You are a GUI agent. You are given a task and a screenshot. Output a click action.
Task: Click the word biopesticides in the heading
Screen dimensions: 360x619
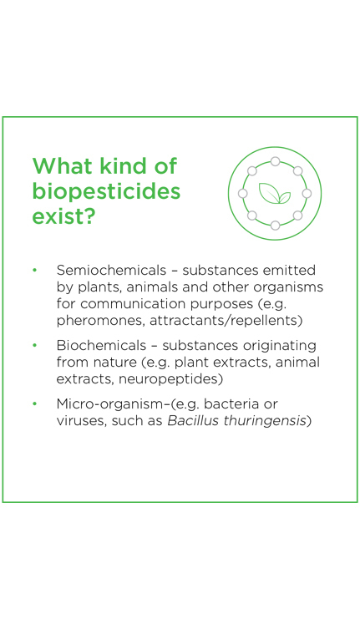pyautogui.click(x=106, y=192)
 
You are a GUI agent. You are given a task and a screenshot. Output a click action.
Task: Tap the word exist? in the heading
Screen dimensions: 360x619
pyautogui.click(x=63, y=216)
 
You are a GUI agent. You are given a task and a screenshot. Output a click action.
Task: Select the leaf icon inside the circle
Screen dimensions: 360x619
pyautogui.click(x=275, y=194)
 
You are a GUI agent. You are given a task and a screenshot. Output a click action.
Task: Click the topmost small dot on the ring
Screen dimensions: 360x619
pyautogui.click(x=275, y=161)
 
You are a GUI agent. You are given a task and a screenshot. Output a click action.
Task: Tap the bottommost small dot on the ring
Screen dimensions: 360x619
pyautogui.click(x=275, y=226)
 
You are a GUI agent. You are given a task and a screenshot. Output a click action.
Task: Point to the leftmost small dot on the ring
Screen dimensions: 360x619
pyautogui.click(x=243, y=194)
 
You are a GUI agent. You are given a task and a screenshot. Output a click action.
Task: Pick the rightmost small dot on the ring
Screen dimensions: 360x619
pyautogui.click(x=307, y=194)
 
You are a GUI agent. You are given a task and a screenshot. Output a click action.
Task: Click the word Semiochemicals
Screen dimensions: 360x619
pyautogui.click(x=111, y=270)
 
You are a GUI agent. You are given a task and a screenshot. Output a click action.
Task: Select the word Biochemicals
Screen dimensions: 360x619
pyautogui.click(x=101, y=346)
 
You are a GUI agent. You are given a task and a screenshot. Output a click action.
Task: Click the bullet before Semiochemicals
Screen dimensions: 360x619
pyautogui.click(x=35, y=271)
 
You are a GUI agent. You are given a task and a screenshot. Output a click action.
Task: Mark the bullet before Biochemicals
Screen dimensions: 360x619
pyautogui.click(x=35, y=346)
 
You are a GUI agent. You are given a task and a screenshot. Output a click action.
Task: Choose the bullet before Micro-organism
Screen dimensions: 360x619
pyautogui.click(x=35, y=404)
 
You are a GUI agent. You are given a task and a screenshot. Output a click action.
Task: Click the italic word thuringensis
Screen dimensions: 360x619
pyautogui.click(x=265, y=421)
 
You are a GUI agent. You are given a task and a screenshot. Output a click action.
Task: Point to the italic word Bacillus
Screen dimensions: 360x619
pyautogui.click(x=193, y=421)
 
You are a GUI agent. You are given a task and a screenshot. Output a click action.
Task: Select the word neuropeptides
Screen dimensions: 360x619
pyautogui.click(x=169, y=379)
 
